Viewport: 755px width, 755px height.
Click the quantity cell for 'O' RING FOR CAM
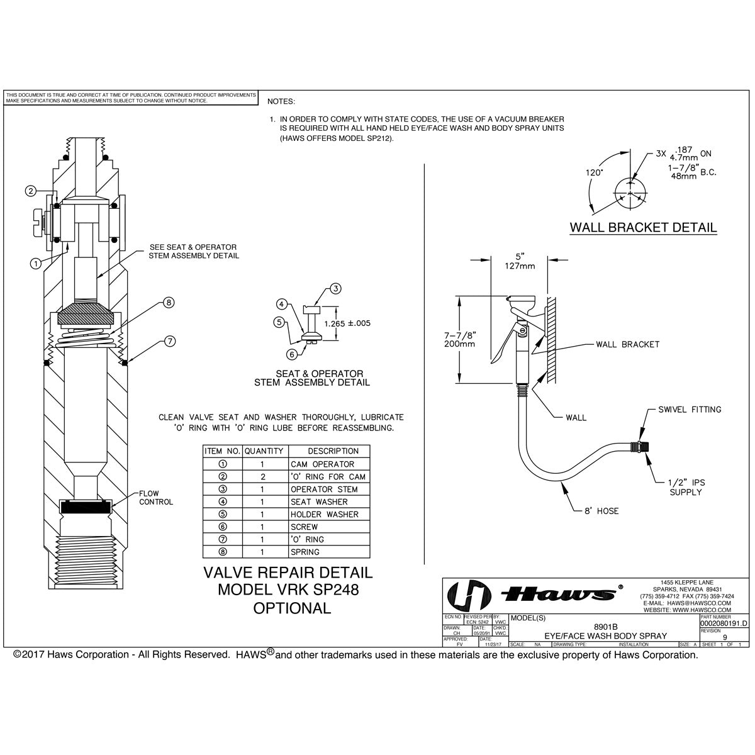[264, 476]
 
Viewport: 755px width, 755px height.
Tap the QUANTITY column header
[264, 451]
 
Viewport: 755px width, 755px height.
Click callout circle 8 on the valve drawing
[168, 303]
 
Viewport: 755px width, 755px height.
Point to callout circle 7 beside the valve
[170, 342]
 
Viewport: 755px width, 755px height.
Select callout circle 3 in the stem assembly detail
[336, 289]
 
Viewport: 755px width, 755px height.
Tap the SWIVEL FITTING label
[690, 410]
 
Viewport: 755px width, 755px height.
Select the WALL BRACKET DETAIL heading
[642, 227]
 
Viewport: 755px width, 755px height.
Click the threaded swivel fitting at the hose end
[641, 449]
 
